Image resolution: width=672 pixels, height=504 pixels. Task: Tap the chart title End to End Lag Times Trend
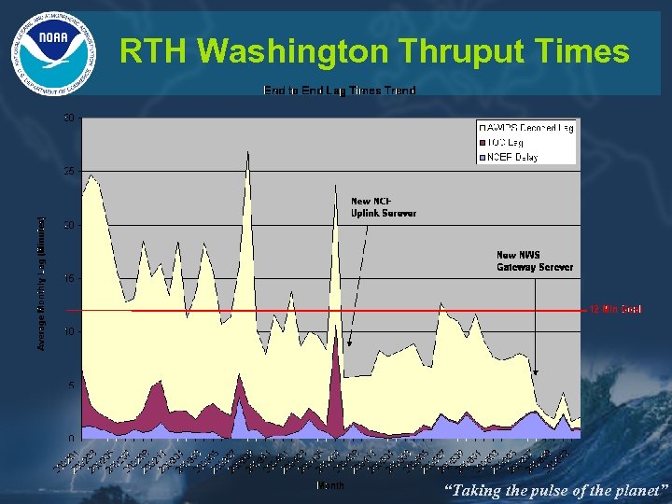click(339, 91)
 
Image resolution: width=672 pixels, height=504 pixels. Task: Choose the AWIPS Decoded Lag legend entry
click(527, 127)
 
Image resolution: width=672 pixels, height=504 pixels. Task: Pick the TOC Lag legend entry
click(510, 142)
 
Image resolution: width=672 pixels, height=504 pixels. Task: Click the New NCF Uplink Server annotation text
click(383, 207)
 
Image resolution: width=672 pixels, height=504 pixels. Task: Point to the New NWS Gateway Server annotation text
click(534, 260)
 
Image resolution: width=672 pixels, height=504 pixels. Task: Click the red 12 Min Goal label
click(615, 309)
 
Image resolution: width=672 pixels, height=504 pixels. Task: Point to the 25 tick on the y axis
click(68, 172)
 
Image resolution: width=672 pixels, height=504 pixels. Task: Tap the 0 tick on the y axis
click(71, 439)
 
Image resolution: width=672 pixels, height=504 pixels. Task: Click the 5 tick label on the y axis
click(71, 385)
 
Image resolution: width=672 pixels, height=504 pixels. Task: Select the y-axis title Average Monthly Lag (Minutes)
click(41, 284)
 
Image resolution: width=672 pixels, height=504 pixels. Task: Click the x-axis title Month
click(330, 485)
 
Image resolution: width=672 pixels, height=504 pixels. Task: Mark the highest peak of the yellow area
click(247, 151)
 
